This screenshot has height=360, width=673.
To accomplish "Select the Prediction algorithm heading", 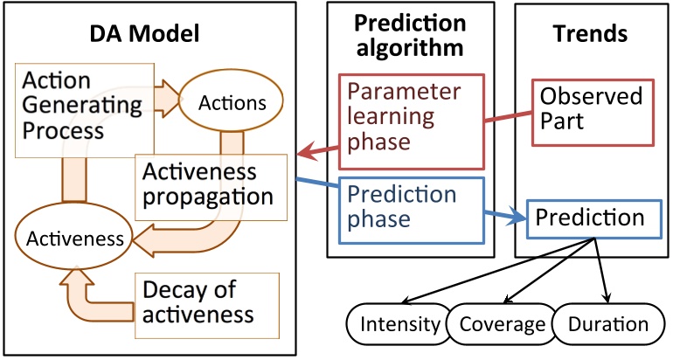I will pyautogui.click(x=409, y=34).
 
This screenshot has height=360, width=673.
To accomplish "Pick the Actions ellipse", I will pyautogui.click(x=232, y=103).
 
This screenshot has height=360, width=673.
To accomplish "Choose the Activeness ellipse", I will pyautogui.click(x=74, y=237).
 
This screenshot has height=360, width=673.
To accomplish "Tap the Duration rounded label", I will pyautogui.click(x=607, y=325).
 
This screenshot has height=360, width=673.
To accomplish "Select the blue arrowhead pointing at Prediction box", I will pyautogui.click(x=519, y=219).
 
